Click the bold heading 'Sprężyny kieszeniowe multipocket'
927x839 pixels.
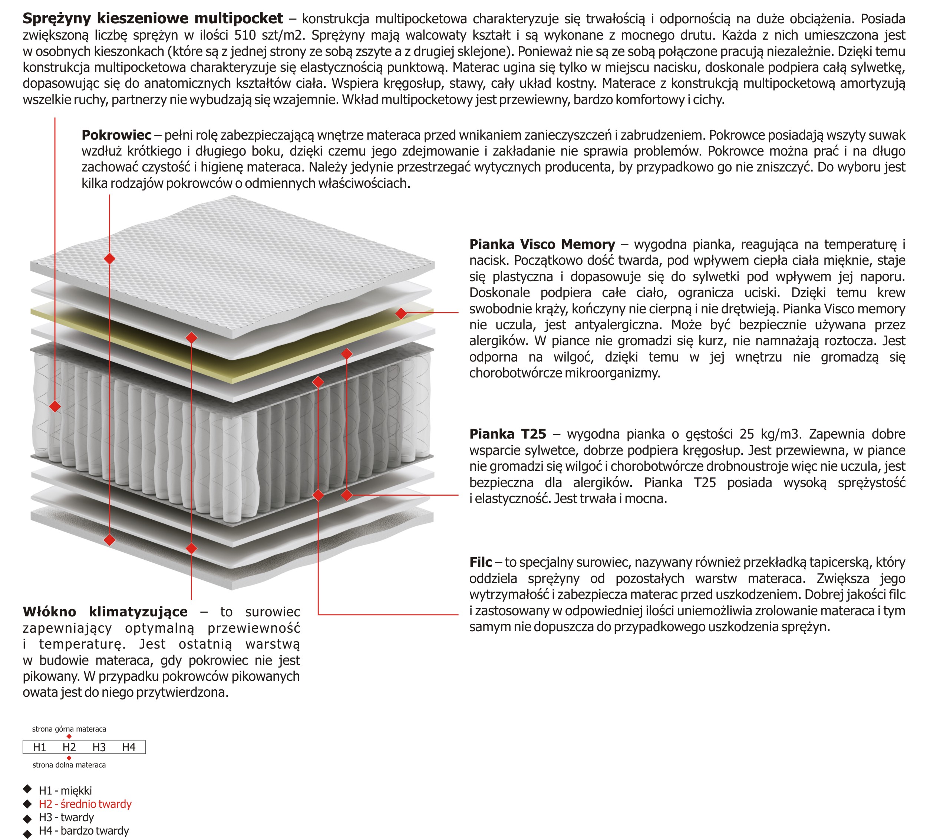pos(153,19)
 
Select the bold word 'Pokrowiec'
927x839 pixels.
pos(116,135)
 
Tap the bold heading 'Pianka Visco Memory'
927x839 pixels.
pos(542,244)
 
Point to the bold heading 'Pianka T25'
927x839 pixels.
pos(508,434)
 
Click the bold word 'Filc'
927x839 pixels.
pos(481,562)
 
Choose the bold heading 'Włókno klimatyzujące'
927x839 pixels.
pos(105,612)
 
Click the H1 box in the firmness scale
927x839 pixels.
pos(40,748)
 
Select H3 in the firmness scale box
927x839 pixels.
pos(99,748)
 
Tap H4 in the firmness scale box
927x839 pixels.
pos(129,748)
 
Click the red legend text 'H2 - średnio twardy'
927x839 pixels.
pos(85,804)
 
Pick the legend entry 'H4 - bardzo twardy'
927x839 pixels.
pos(84,831)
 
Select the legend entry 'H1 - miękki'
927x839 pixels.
pos(65,791)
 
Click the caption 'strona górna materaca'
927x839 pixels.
pos(69,729)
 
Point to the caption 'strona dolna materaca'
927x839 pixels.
pos(69,765)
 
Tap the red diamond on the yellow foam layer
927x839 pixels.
pos(401,313)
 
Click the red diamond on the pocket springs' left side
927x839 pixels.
pos(55,407)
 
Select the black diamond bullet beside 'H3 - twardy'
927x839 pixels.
pos(27,818)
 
